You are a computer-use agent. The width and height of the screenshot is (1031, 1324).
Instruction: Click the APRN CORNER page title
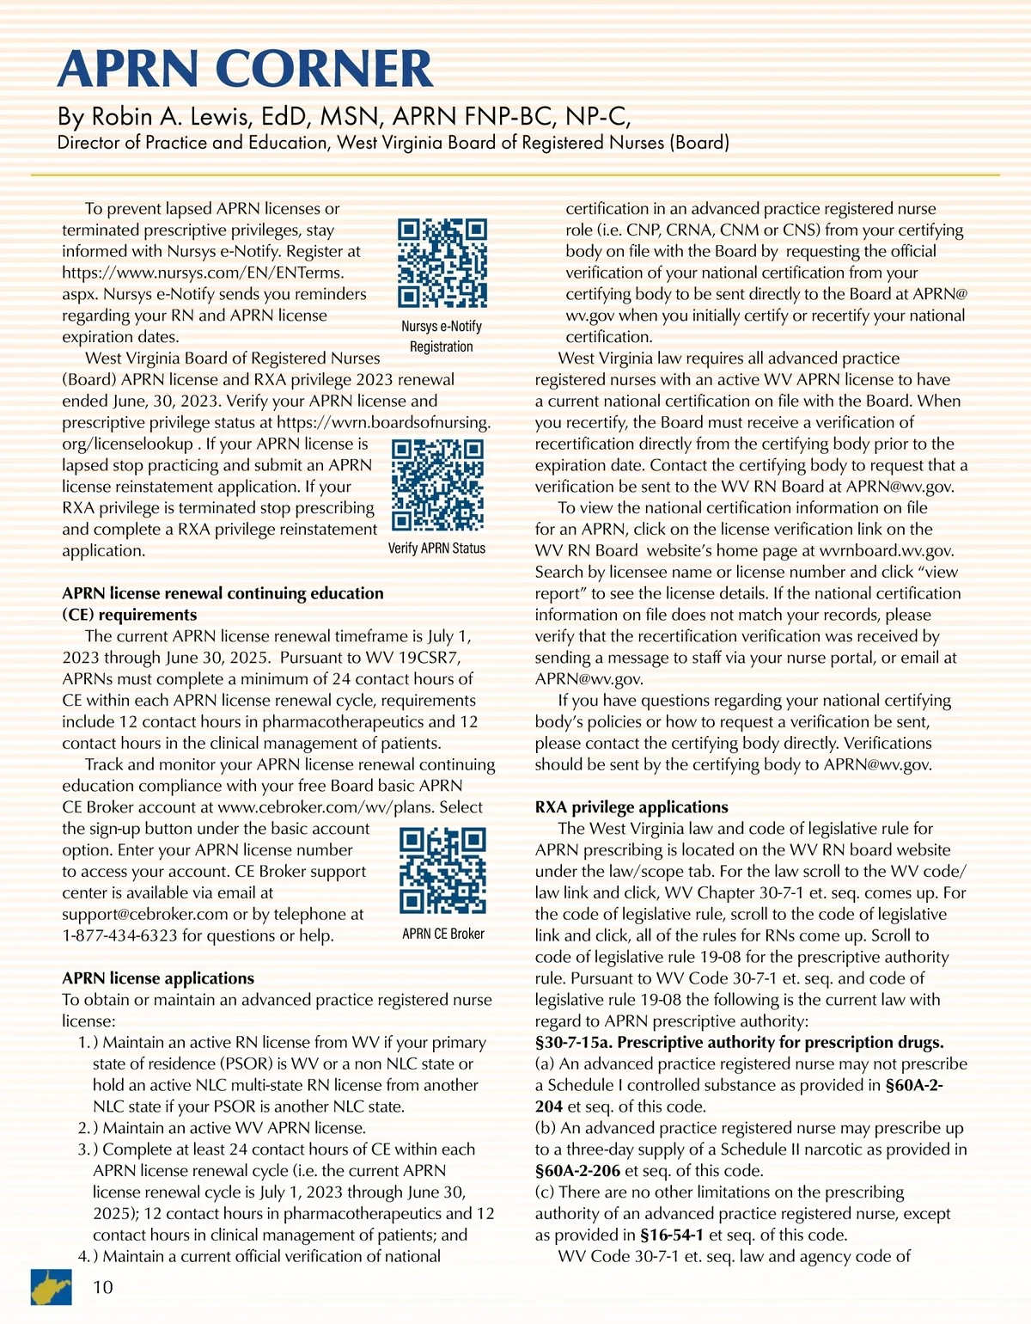(245, 70)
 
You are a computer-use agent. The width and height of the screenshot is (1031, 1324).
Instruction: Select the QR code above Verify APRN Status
(437, 486)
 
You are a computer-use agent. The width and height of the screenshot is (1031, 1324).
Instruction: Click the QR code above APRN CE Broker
(443, 870)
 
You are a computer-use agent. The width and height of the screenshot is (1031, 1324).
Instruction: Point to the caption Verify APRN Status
(436, 549)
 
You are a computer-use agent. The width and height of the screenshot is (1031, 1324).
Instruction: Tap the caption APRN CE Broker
(443, 934)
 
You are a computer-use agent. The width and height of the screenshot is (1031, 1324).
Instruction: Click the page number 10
(103, 1287)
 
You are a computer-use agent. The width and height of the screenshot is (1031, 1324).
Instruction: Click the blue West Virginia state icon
(52, 1286)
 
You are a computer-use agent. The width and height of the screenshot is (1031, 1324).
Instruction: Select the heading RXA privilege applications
(631, 807)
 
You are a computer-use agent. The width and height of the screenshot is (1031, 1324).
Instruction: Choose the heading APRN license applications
(158, 978)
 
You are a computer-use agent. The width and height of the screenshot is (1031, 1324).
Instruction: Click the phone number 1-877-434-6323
(119, 935)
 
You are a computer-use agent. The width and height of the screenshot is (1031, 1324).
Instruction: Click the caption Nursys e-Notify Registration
(442, 336)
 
